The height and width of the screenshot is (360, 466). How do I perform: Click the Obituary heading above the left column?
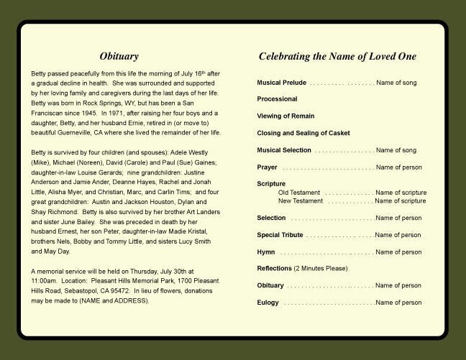119,56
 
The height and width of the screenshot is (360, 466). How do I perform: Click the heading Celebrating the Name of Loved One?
337,56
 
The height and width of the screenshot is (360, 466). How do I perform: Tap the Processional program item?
277,99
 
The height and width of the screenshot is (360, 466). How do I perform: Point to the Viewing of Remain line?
285,116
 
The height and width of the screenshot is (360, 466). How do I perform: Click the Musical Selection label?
284,150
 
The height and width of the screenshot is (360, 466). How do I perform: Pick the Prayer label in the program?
267,167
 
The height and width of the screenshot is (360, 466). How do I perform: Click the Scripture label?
271,184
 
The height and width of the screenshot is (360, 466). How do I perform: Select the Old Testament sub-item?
298,193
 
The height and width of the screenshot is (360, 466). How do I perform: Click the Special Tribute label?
280,235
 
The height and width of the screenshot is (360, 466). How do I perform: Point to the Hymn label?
265,252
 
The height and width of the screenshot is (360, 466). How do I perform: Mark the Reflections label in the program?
274,269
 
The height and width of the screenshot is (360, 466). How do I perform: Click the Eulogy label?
268,303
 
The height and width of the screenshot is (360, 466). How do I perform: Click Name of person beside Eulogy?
398,303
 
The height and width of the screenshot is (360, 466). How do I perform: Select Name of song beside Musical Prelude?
396,83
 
